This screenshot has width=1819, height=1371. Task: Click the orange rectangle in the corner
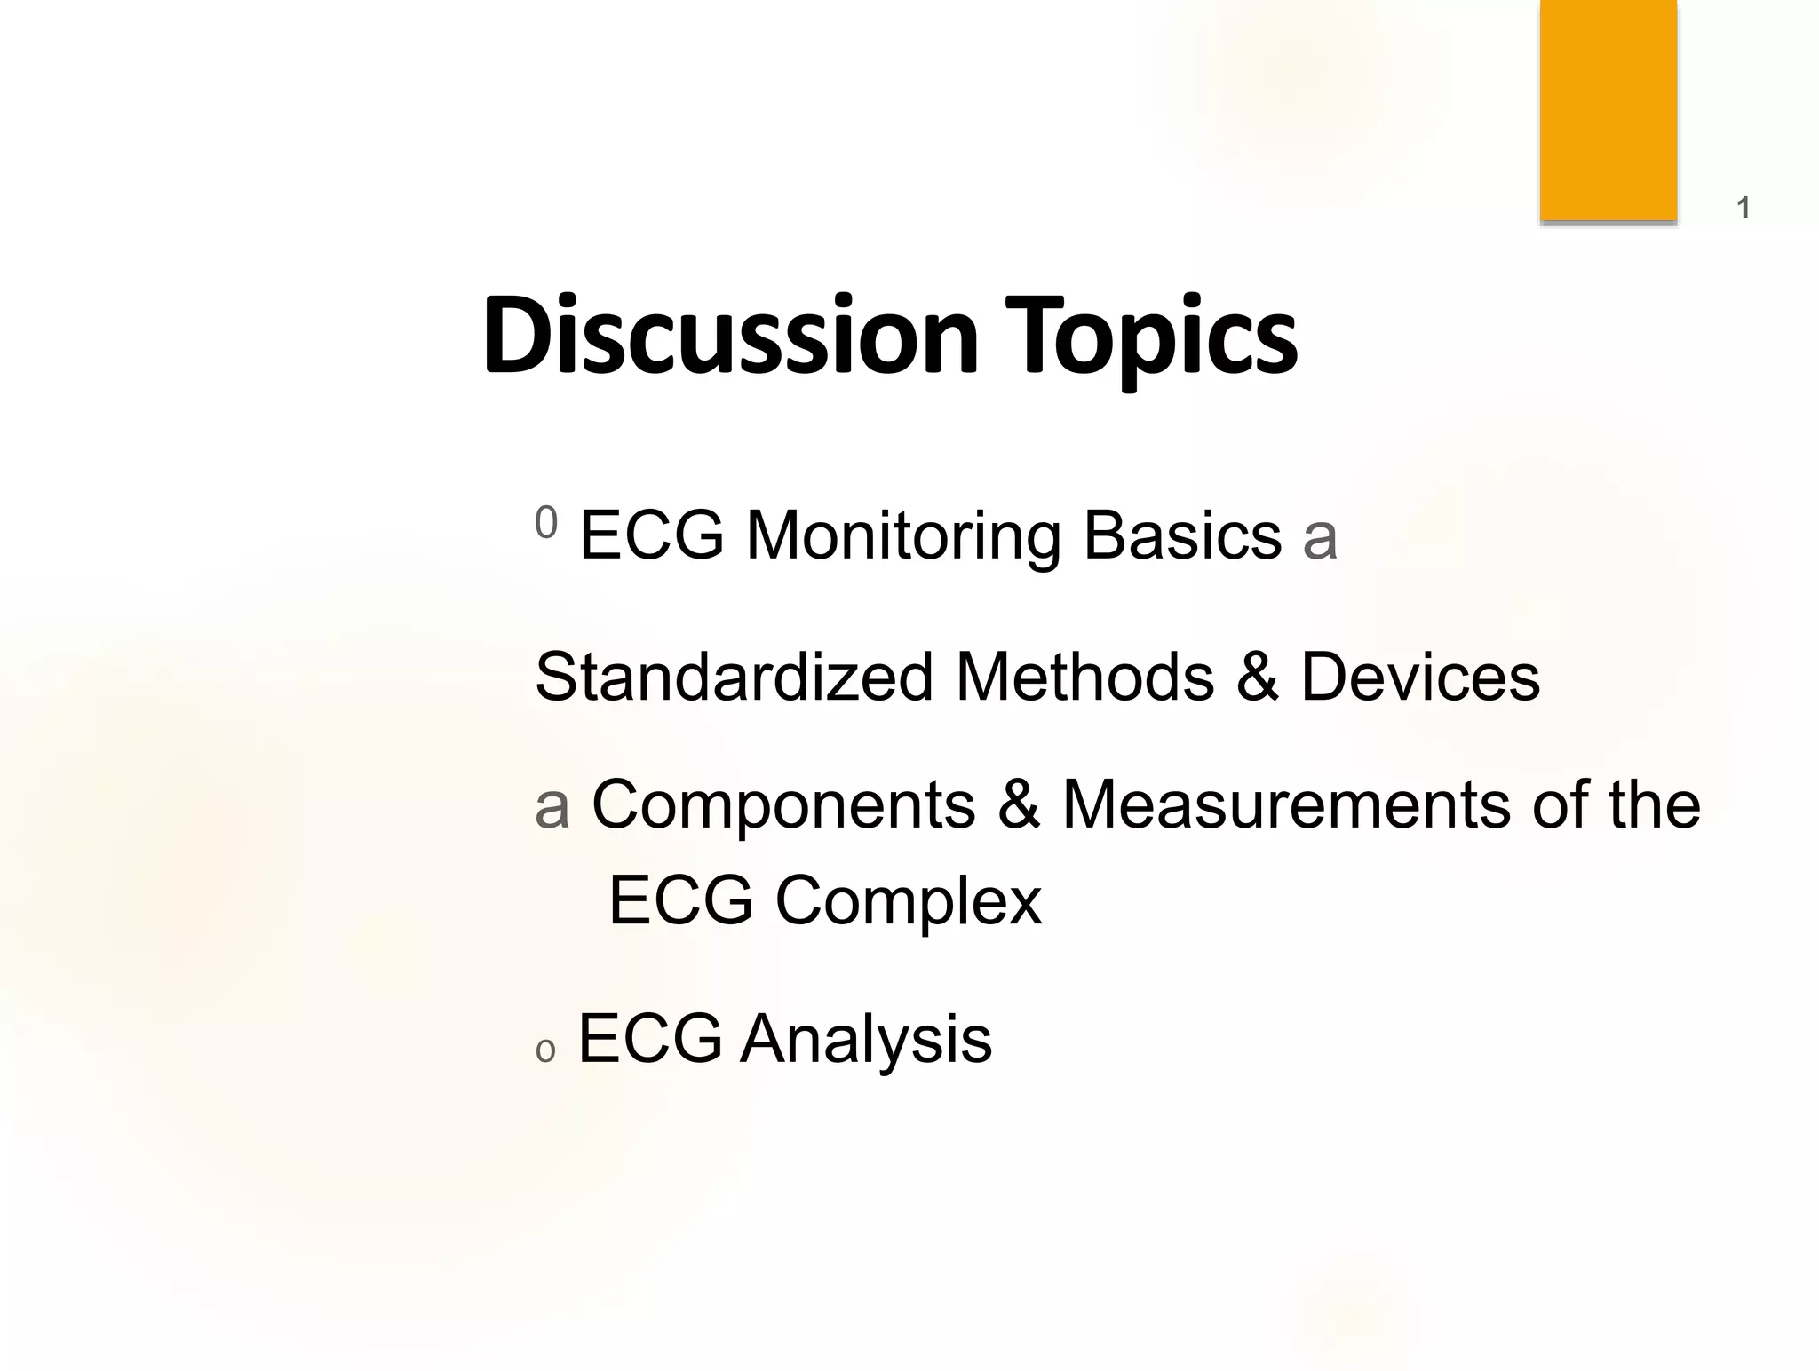pos(1608,110)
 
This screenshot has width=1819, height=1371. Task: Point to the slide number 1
pos(1743,209)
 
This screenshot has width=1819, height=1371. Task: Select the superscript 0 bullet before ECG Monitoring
pos(546,522)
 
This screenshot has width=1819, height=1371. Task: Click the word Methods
pos(1084,677)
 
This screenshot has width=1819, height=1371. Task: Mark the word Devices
pos(1419,677)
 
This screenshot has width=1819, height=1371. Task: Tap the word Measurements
pos(1286,804)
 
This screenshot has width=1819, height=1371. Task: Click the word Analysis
pos(866,1040)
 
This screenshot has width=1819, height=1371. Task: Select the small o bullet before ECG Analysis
pos(545,1051)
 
